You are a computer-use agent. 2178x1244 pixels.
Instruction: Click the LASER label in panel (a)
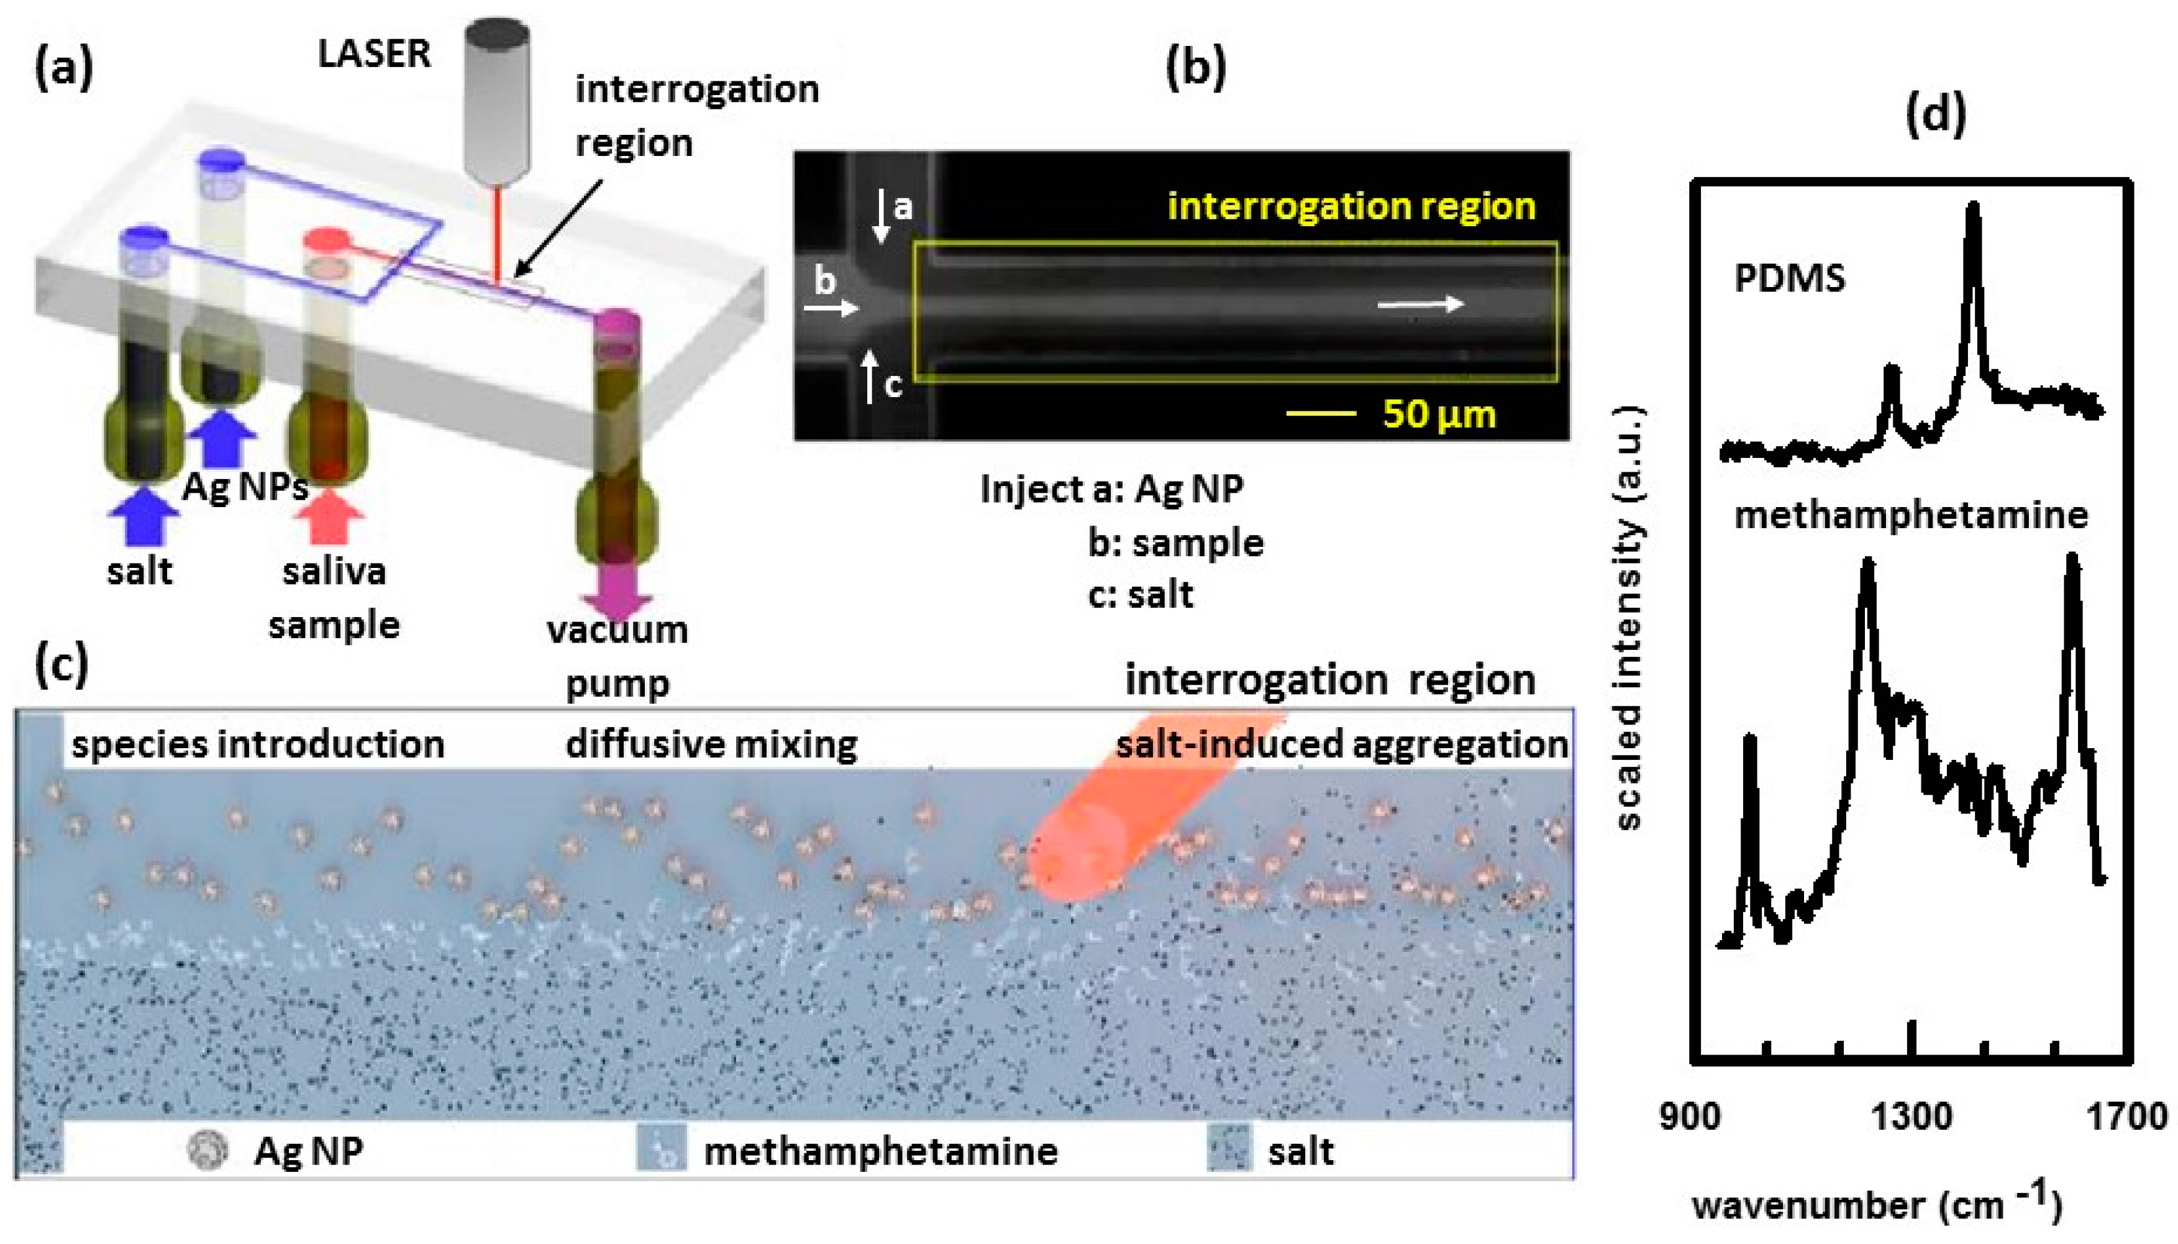coord(373,54)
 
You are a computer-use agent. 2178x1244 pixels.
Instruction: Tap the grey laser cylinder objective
coord(496,103)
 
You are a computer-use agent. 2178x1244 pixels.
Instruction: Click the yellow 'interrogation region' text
coord(1351,206)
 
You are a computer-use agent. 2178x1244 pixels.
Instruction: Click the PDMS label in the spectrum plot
coord(1789,278)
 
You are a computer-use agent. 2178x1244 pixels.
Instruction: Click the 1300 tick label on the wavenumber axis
coord(1911,1117)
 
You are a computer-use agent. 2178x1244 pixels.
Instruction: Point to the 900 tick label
coord(1690,1117)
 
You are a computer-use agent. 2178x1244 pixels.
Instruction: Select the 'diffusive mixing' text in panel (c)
coord(711,744)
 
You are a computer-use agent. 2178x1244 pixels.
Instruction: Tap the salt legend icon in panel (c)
coord(1228,1148)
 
